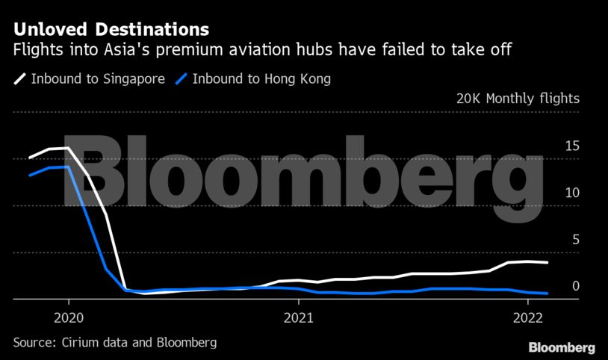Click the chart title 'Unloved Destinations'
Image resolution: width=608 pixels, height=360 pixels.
point(111,30)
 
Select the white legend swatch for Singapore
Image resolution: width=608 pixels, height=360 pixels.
point(19,78)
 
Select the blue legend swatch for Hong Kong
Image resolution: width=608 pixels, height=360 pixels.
point(180,78)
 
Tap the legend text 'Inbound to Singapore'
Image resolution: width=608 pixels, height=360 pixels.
point(98,78)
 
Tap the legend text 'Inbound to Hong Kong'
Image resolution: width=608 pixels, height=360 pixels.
point(261,78)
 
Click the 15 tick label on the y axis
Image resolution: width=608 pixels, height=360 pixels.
point(571,146)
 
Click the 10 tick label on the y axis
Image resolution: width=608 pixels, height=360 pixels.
point(571,193)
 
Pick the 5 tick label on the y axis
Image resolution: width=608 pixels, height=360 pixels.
point(575,240)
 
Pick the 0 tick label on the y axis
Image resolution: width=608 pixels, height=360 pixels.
point(575,286)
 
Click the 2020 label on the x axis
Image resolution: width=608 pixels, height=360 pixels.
point(68,316)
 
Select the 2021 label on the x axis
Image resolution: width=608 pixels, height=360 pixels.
point(298,316)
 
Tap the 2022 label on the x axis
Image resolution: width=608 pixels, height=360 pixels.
point(527,316)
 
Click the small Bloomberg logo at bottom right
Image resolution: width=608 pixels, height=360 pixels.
point(562,347)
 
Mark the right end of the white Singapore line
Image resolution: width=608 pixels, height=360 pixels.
point(548,263)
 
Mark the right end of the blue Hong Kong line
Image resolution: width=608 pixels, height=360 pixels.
point(548,294)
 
